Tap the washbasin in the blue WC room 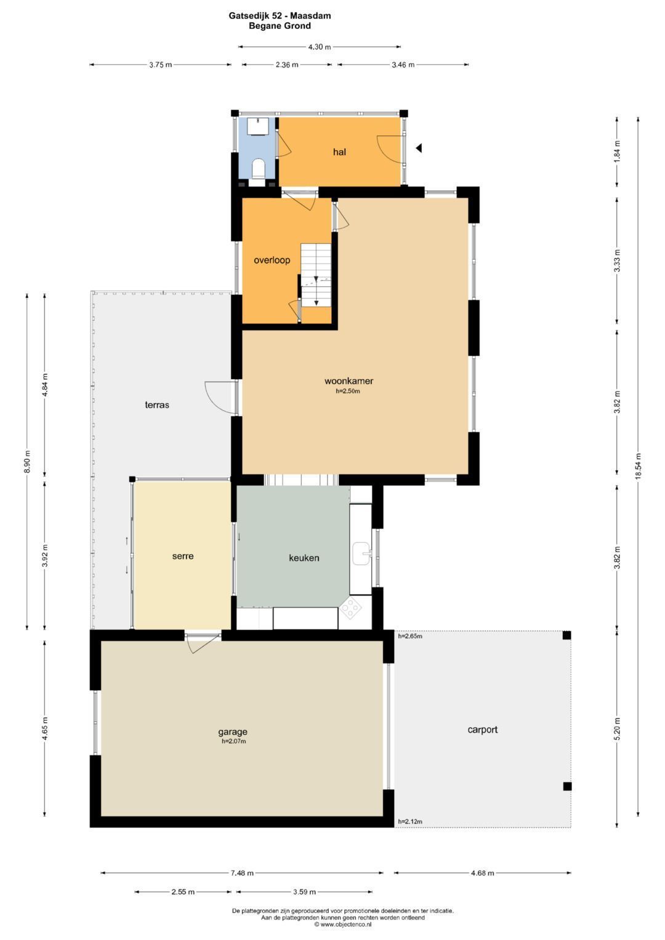[258, 126]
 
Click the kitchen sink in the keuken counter [361, 553]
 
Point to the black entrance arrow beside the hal [419, 148]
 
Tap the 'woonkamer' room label [349, 381]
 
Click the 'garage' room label [233, 731]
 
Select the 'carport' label [482, 729]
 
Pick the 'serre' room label [183, 556]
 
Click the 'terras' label [157, 405]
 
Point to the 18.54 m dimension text [638, 466]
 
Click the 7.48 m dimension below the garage [242, 873]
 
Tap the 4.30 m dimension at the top [320, 47]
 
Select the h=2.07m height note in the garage [234, 741]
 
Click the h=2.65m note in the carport [410, 636]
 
